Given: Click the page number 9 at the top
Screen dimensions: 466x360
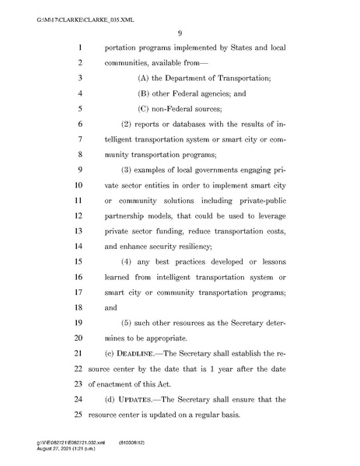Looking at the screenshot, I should (179, 32).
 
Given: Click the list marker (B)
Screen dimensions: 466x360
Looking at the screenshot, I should (145, 93).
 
